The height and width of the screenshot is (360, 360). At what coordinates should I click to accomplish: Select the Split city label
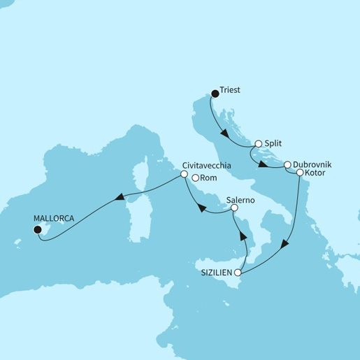(x=273, y=142)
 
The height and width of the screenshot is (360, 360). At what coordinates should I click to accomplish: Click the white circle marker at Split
(x=258, y=143)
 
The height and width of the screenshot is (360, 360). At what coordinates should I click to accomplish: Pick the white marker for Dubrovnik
(x=287, y=165)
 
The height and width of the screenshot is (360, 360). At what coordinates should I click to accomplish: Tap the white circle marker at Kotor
(x=300, y=172)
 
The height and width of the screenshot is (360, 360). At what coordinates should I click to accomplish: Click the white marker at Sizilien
(x=238, y=273)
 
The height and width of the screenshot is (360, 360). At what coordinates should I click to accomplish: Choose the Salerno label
(x=241, y=199)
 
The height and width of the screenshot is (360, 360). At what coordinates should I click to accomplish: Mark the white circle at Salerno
(x=234, y=208)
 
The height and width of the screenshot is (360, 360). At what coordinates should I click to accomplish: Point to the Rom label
(x=209, y=178)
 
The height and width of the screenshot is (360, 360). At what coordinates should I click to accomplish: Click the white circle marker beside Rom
(x=196, y=178)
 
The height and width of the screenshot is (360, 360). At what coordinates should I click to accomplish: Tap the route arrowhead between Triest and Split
(x=224, y=130)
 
